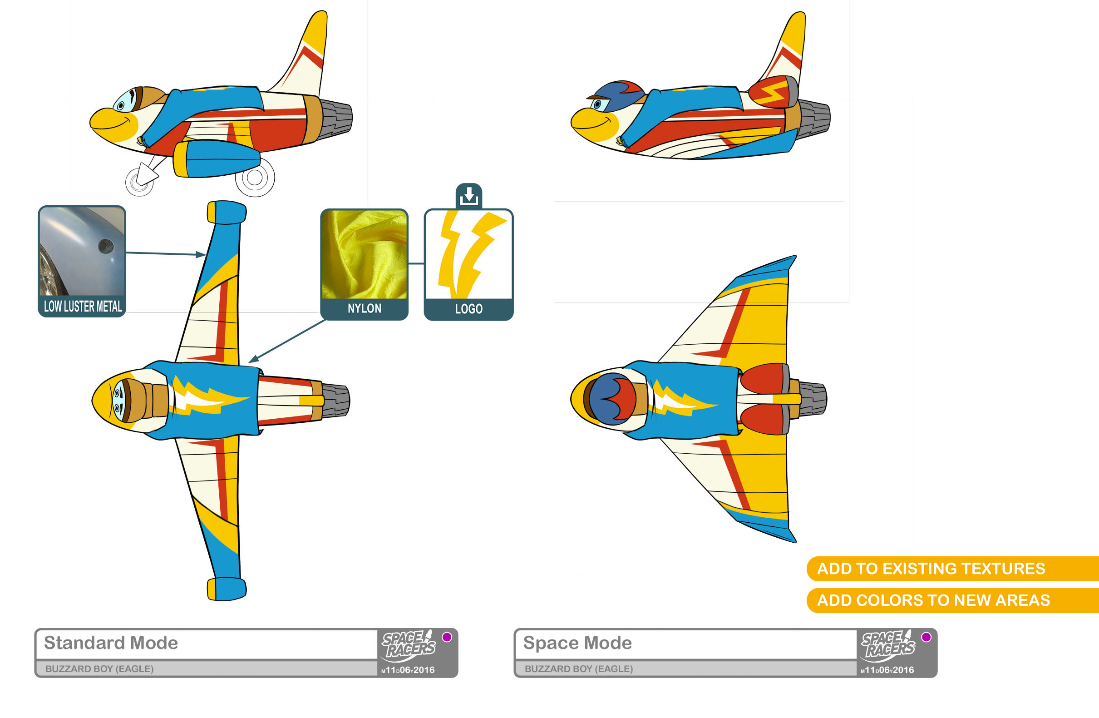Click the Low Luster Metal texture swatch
[82, 252]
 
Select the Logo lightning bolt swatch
[468, 254]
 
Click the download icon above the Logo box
[468, 196]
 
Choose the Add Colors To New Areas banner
[933, 600]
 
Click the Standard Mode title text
[111, 643]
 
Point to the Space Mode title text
[577, 643]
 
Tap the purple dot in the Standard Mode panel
[447, 637]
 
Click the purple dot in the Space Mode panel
[926, 637]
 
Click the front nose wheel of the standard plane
[140, 182]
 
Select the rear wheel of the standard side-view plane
[255, 177]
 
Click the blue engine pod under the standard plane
[217, 158]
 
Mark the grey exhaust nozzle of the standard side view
[336, 117]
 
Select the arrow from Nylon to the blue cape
[286, 341]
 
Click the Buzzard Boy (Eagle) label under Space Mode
[579, 668]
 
